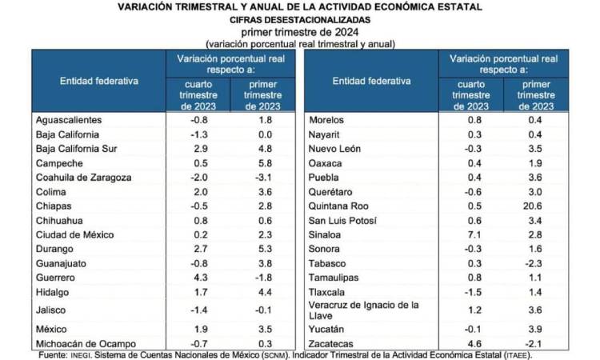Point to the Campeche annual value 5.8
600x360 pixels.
point(266,163)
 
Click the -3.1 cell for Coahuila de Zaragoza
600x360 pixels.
point(266,178)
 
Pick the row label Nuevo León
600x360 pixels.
point(335,149)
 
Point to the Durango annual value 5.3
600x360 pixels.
point(266,250)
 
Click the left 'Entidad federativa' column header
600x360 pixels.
point(99,82)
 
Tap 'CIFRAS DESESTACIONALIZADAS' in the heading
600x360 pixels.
point(300,18)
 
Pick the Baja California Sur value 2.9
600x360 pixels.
point(200,149)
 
